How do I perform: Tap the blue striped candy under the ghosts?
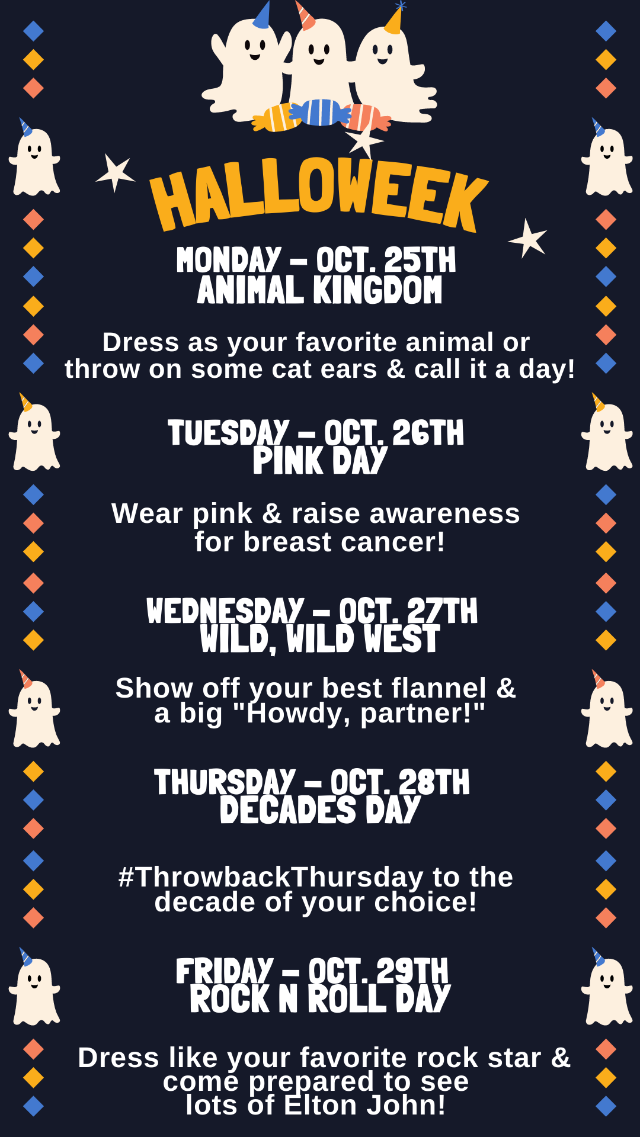320,113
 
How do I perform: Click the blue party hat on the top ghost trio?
262,15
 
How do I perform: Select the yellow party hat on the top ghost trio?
394,19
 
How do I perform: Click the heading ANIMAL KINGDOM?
320,290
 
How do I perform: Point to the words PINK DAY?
320,461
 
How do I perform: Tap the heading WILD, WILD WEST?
320,640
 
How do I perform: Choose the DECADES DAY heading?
320,810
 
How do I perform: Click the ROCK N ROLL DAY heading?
320,998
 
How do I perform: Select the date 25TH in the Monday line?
420,260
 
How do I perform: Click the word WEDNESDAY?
225,611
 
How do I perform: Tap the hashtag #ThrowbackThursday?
271,877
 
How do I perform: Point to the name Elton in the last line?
321,1105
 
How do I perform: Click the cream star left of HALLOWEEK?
115,173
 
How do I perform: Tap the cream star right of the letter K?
527,239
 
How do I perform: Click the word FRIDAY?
225,971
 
